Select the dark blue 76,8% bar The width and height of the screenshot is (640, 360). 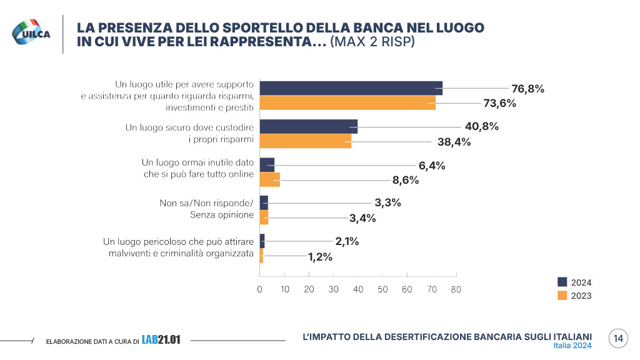coord(351,88)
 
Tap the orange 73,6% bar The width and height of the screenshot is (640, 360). coord(347,103)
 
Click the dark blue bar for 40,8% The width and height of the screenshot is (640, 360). coord(308,126)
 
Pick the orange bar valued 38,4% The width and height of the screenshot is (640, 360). coord(305,142)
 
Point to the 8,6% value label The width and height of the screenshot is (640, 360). coord(405,180)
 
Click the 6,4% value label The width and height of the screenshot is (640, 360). coord(431,166)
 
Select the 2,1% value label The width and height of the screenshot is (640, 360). coord(347,241)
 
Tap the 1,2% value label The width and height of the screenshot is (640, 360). coord(320,256)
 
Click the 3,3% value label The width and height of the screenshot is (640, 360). coord(387,202)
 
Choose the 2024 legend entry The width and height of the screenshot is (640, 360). coord(574,282)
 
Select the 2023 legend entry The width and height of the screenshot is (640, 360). coord(574,296)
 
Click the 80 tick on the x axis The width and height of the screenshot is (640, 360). coord(456,289)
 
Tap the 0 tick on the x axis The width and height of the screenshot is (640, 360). coord(260,289)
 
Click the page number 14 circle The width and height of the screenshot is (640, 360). coord(618,339)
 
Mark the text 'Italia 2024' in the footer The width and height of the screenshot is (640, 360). coord(572,346)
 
